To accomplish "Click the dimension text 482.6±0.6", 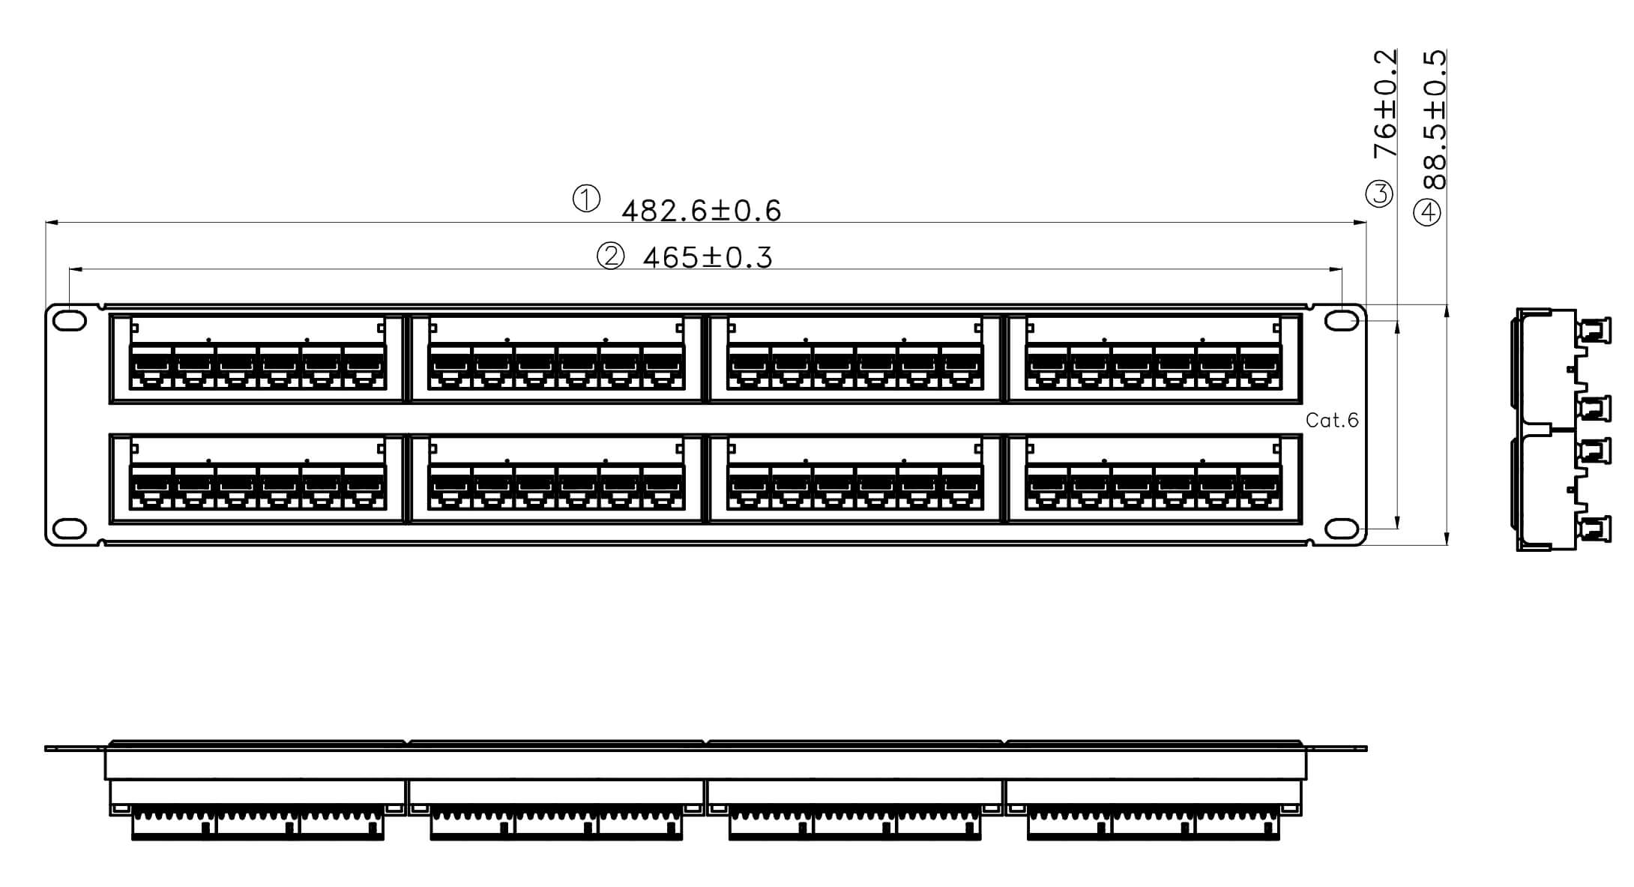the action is click(702, 211).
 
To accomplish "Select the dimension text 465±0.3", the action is click(708, 258).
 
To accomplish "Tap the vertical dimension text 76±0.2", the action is click(1385, 103).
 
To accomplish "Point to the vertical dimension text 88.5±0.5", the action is click(1435, 120).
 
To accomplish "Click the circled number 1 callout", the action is click(586, 199).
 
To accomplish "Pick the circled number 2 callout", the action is click(610, 256).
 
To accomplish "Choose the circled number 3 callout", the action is click(1379, 194).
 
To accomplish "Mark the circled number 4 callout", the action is click(1427, 213).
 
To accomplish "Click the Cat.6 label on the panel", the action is click(1332, 421).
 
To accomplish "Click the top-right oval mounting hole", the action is click(1342, 320).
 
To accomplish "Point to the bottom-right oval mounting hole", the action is click(1342, 529).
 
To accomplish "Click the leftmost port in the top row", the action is click(151, 367).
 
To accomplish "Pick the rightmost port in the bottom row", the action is click(1260, 487).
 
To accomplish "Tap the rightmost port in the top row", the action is click(1260, 367).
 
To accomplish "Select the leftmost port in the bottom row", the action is click(151, 487).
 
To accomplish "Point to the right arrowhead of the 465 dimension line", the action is click(1335, 269).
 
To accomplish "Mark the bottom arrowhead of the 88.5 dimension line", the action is click(1447, 538).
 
